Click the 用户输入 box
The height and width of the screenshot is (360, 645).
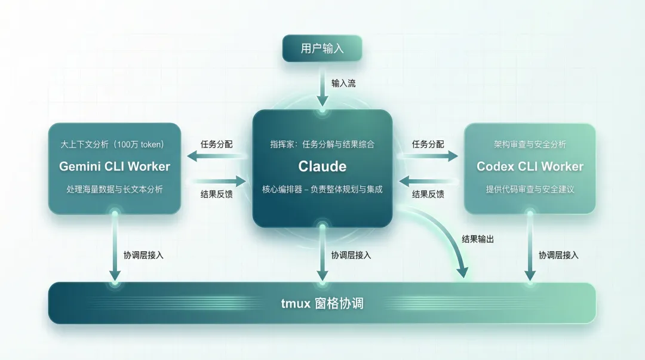(322, 48)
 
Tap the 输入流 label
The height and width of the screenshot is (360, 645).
(343, 83)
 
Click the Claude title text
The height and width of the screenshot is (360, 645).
(322, 166)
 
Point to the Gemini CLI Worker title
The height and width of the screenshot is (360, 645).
(115, 167)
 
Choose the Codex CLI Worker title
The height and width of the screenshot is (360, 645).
(530, 167)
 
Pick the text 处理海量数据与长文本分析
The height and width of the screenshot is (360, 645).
(115, 190)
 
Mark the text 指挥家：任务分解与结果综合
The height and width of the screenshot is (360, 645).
(322, 144)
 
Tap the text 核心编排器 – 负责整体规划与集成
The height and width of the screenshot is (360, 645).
(322, 190)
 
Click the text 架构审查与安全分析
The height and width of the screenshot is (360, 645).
(530, 144)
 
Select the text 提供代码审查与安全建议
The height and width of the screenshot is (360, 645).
(530, 190)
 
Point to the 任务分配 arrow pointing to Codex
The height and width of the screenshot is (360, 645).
(428, 156)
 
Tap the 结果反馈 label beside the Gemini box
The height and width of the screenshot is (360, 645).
(217, 193)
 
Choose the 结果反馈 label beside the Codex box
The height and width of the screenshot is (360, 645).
(428, 193)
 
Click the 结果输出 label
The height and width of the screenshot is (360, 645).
(478, 239)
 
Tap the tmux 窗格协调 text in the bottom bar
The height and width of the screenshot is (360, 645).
(322, 303)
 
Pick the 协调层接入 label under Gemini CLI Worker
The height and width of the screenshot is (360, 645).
(143, 255)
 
